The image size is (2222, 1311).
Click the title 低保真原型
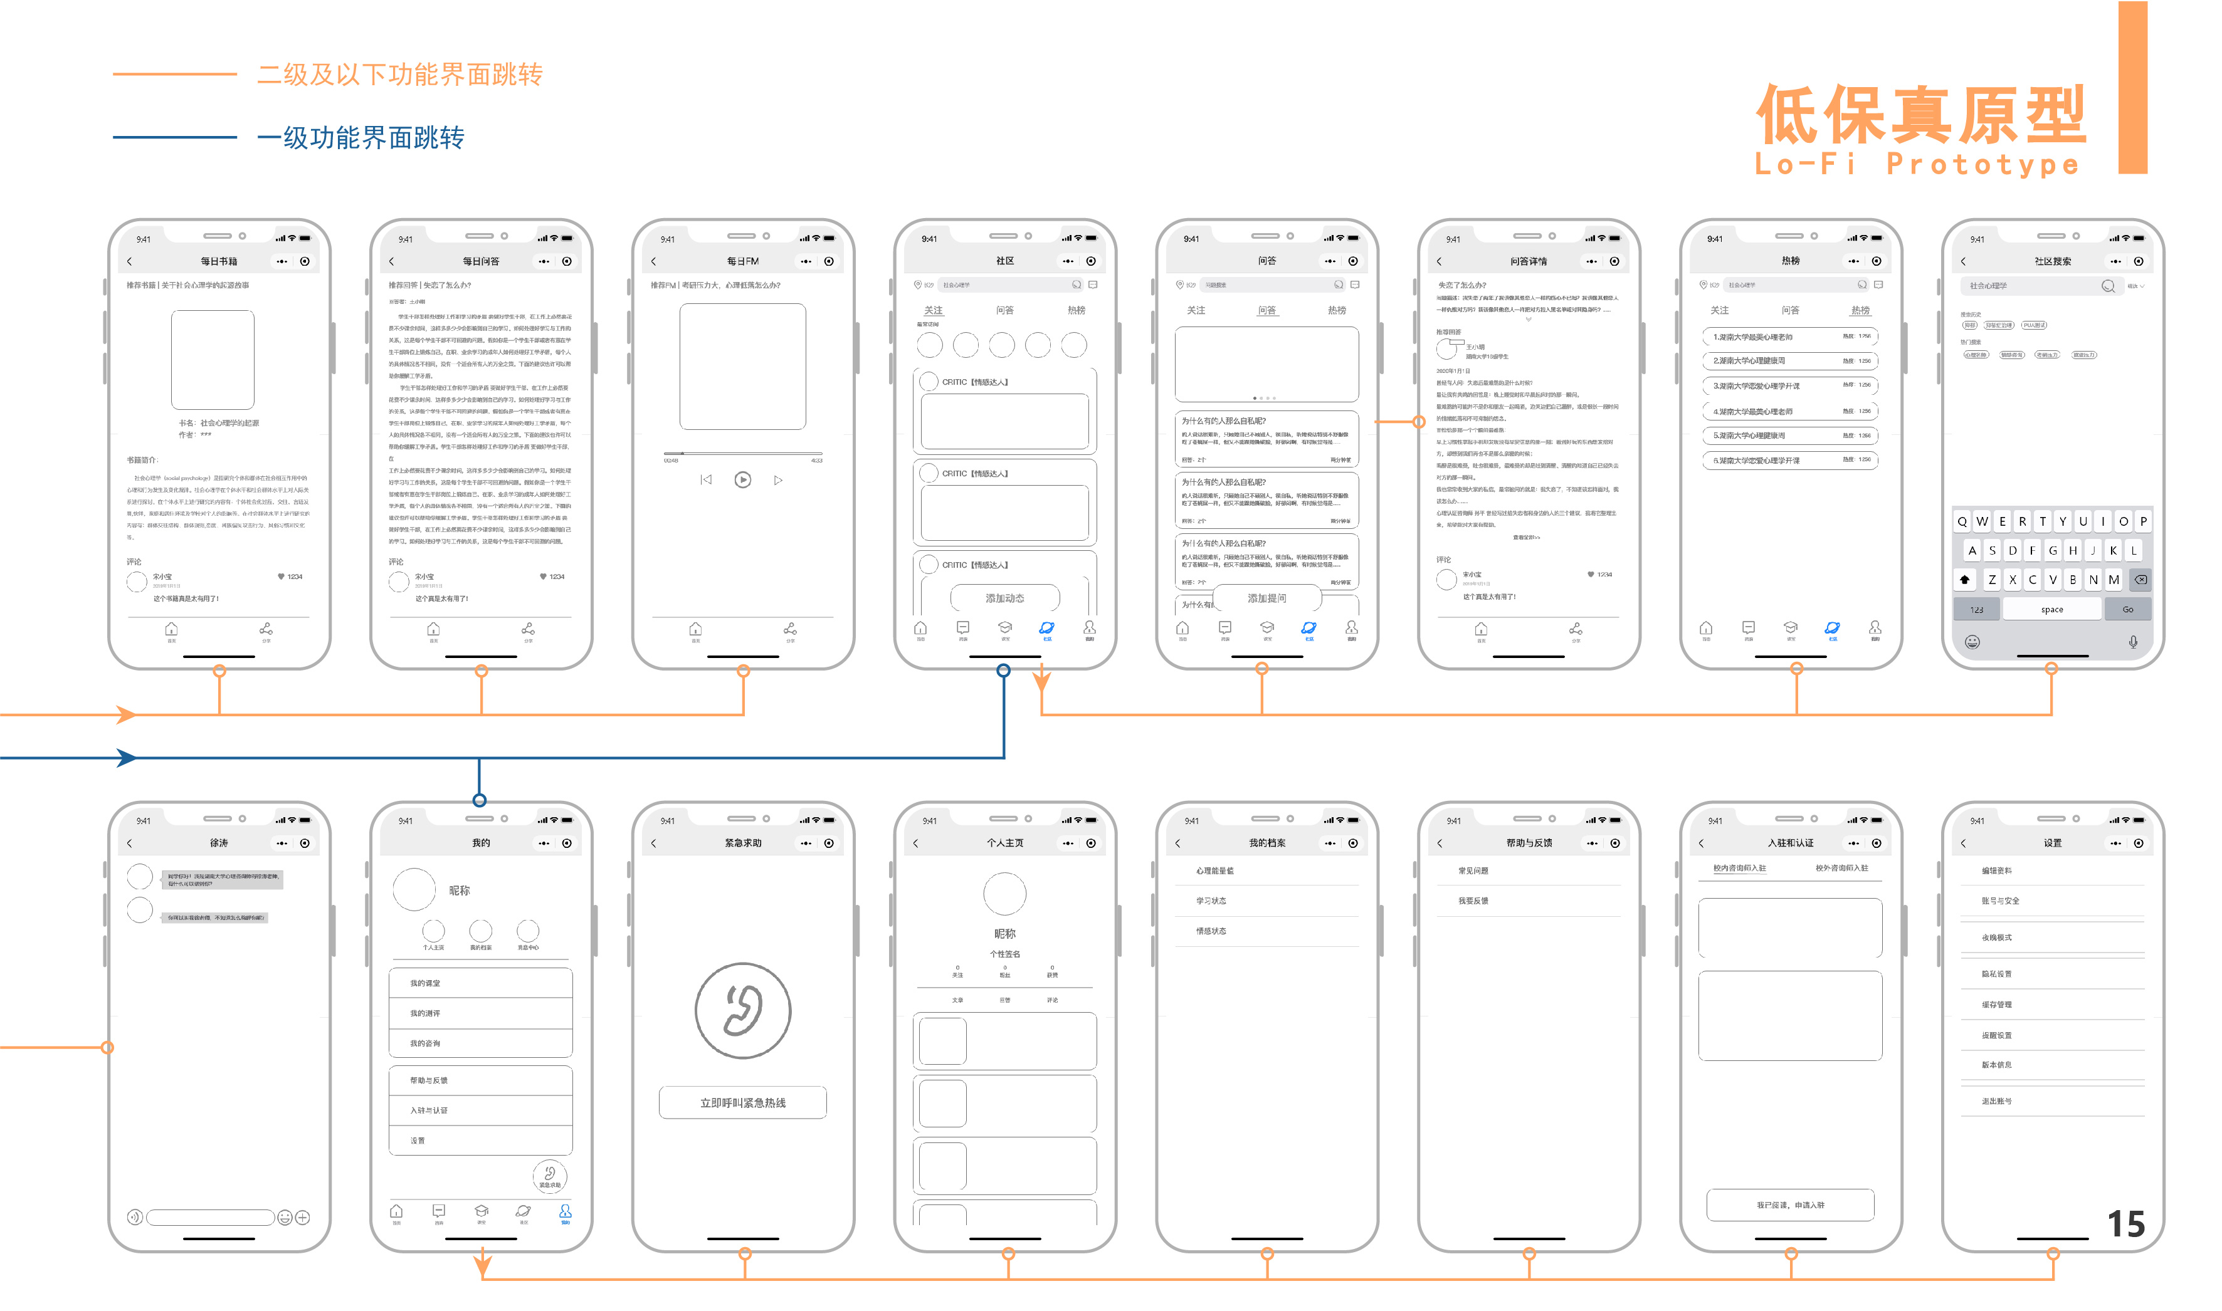(x=1920, y=115)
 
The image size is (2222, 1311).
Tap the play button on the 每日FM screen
(x=742, y=479)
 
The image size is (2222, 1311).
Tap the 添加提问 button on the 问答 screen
(x=1266, y=598)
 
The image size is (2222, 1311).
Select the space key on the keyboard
(x=2051, y=610)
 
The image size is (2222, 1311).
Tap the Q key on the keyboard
(x=1961, y=521)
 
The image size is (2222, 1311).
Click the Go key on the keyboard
(x=2127, y=610)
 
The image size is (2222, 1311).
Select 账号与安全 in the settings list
(x=1999, y=900)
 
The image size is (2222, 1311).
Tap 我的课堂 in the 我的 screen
(x=425, y=983)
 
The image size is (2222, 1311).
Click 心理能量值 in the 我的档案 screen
(x=1214, y=870)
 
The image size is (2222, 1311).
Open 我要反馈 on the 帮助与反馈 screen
(x=1473, y=900)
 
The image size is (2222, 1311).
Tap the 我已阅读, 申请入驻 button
(x=1790, y=1204)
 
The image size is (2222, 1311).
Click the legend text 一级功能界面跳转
(x=360, y=138)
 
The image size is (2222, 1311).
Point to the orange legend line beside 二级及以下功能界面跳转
(x=174, y=74)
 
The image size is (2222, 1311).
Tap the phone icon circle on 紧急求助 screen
(x=742, y=1010)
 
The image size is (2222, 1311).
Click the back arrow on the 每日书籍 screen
(x=129, y=261)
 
